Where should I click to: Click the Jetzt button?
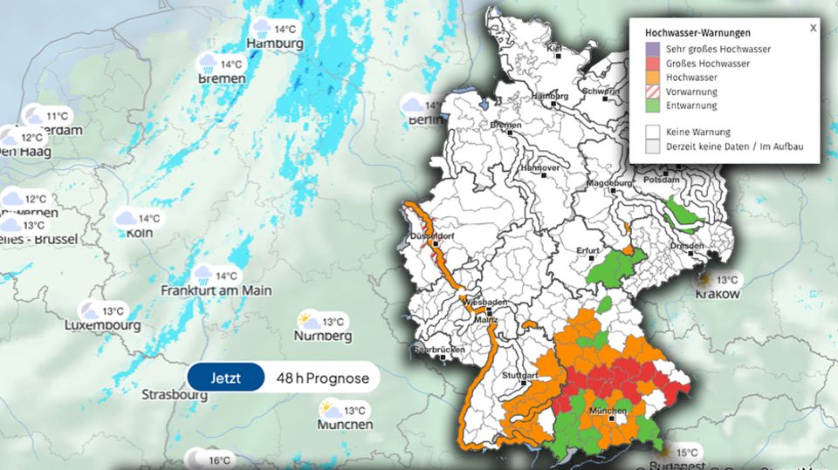[x=225, y=378]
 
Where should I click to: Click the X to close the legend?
[x=813, y=28]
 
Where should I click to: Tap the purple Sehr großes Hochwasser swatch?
[x=652, y=50]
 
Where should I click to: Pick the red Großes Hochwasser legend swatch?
[x=652, y=64]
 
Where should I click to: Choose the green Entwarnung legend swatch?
[x=652, y=106]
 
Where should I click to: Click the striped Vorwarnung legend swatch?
[x=652, y=92]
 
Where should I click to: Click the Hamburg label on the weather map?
[x=275, y=44]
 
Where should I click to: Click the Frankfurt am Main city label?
[x=216, y=289]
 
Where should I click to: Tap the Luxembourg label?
[x=102, y=325]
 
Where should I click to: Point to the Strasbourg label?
[x=175, y=394]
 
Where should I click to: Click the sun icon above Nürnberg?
[x=308, y=320]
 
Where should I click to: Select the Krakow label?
[x=718, y=294]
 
